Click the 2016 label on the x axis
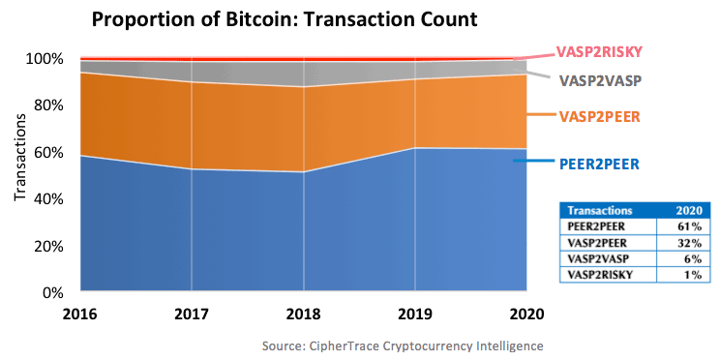click(79, 315)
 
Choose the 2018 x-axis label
click(303, 315)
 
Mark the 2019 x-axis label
click(414, 315)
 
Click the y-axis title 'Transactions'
click(19, 160)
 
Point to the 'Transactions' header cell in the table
click(600, 210)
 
